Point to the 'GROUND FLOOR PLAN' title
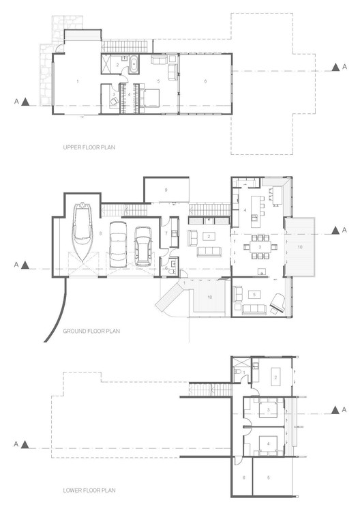tap(91, 331)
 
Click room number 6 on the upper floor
tap(205, 81)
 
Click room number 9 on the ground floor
tap(166, 189)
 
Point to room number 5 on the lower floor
tap(269, 478)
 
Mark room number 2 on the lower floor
tap(275, 377)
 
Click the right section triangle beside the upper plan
tap(335, 67)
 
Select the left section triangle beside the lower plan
tap(25, 444)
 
